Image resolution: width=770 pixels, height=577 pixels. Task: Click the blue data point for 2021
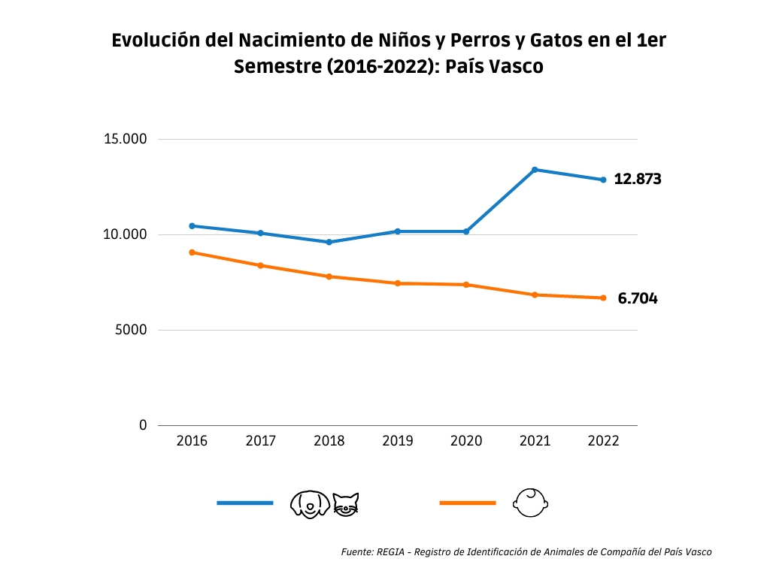coord(535,170)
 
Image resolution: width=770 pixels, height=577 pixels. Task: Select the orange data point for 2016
coord(192,252)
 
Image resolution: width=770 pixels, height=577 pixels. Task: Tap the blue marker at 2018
coord(329,242)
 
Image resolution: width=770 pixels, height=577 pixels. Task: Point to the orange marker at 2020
coord(466,285)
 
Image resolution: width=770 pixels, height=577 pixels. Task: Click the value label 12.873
coord(637,180)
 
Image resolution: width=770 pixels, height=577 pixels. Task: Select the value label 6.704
coord(637,299)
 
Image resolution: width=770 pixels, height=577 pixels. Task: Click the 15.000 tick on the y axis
coord(126,140)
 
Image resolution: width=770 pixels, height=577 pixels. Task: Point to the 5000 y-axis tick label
coord(131,330)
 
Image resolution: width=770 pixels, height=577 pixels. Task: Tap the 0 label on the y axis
coord(143,425)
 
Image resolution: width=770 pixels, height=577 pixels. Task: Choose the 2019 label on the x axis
coord(398,441)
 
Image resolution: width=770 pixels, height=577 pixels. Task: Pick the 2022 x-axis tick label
coord(603,441)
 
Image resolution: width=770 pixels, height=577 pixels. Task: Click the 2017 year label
coord(261,441)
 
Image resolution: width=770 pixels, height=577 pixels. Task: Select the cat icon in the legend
coord(346,503)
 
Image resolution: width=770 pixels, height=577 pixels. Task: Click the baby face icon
coord(531,503)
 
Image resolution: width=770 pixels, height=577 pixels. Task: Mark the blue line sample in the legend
coord(244,503)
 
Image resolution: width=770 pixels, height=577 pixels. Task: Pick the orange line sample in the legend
coord(467,503)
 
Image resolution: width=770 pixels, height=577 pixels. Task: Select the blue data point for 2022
coord(603,180)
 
